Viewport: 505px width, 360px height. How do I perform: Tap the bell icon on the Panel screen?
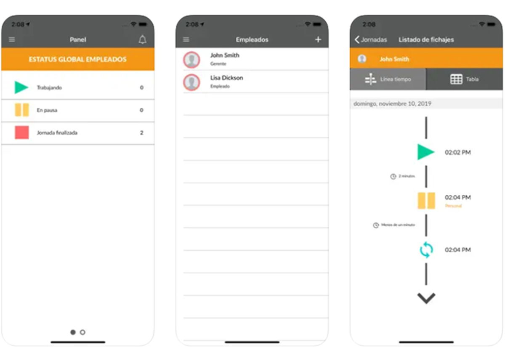[x=143, y=40]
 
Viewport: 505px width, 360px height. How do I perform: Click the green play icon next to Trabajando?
[x=21, y=87]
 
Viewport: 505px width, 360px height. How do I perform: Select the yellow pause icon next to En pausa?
[x=22, y=110]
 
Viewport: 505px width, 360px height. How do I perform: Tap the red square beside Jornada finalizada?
[x=22, y=132]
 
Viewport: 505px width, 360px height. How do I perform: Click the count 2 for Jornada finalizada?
[x=141, y=133]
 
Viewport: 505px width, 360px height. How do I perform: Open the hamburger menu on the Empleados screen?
[x=186, y=40]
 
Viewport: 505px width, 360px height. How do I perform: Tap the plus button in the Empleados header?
[x=318, y=40]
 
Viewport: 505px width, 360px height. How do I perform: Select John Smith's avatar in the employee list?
[x=191, y=60]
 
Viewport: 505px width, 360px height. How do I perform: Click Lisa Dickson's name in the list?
[x=226, y=78]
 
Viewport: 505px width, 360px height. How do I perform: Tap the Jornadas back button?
[x=370, y=40]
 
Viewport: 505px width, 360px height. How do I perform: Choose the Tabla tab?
[x=465, y=79]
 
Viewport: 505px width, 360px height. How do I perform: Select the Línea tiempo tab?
[x=388, y=79]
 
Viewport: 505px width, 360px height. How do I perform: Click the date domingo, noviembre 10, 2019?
[x=392, y=103]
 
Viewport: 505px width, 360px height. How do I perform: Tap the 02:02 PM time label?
[x=457, y=153]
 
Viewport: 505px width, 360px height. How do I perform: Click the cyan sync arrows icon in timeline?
[x=426, y=250]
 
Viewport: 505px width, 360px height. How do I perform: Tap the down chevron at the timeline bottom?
[x=426, y=298]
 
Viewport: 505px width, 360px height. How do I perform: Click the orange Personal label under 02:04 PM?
[x=453, y=206]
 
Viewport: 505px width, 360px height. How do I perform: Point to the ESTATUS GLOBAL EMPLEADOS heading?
[x=77, y=59]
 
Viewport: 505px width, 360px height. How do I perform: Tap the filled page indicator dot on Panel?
[x=73, y=332]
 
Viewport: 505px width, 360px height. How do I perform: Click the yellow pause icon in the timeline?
[x=426, y=201]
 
